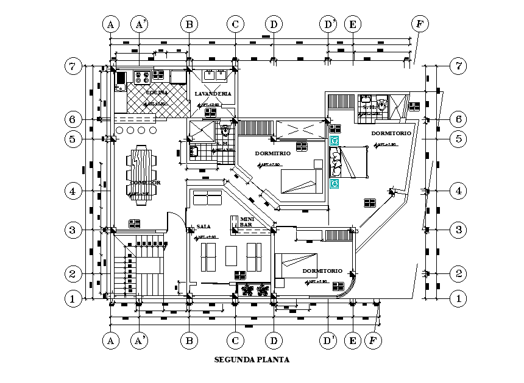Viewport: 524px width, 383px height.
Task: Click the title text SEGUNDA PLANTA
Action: (x=252, y=359)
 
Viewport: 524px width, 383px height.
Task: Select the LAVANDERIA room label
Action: (x=213, y=93)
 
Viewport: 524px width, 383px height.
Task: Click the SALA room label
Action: (x=203, y=226)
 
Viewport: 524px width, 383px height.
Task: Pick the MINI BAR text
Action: (x=247, y=221)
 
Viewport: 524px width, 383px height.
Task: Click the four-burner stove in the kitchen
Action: (x=142, y=77)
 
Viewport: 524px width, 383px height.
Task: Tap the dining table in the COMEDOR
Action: (x=141, y=172)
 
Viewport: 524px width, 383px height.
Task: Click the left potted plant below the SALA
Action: (x=248, y=289)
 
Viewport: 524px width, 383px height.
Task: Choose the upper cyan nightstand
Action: (x=334, y=141)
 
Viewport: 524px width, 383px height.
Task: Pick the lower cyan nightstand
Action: (x=334, y=183)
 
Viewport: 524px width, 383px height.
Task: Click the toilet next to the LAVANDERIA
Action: (x=225, y=130)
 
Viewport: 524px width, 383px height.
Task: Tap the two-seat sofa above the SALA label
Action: (x=207, y=198)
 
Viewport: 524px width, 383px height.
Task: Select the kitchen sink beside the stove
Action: (x=120, y=78)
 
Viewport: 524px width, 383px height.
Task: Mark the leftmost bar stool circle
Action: (x=119, y=130)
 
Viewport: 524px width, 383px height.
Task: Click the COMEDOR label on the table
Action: (x=145, y=183)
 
